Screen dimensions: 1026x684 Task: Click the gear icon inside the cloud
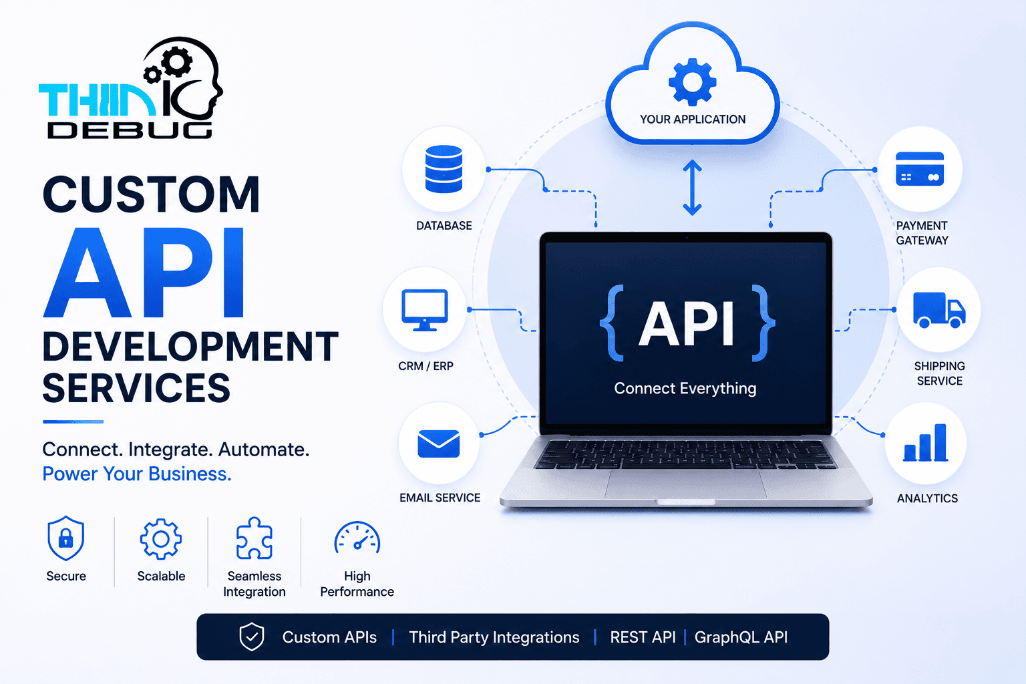click(x=692, y=82)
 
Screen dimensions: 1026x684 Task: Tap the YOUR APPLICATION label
click(x=693, y=120)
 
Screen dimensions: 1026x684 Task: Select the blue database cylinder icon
click(x=444, y=168)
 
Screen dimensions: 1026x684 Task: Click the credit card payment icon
click(x=920, y=169)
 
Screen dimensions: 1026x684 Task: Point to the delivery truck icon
click(x=939, y=310)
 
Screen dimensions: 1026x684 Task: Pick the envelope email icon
click(x=438, y=444)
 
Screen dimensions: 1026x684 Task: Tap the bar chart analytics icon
click(x=925, y=442)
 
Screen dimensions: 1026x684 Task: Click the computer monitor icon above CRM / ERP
click(x=425, y=310)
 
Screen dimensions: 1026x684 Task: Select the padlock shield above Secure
click(x=66, y=538)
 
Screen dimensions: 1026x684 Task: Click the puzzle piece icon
click(x=254, y=538)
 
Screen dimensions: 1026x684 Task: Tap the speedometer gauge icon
click(x=357, y=537)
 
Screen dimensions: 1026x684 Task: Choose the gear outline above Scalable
click(x=161, y=539)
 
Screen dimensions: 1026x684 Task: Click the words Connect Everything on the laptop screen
click(x=685, y=389)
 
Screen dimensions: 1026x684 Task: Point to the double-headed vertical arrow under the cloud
click(x=692, y=188)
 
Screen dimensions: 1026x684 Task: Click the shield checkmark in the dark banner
click(x=251, y=637)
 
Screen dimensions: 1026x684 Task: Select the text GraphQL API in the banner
click(x=741, y=637)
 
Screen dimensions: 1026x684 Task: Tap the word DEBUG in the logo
click(x=130, y=130)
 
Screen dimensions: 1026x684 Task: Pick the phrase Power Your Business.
click(x=137, y=474)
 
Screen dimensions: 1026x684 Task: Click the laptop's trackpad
click(x=685, y=484)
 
